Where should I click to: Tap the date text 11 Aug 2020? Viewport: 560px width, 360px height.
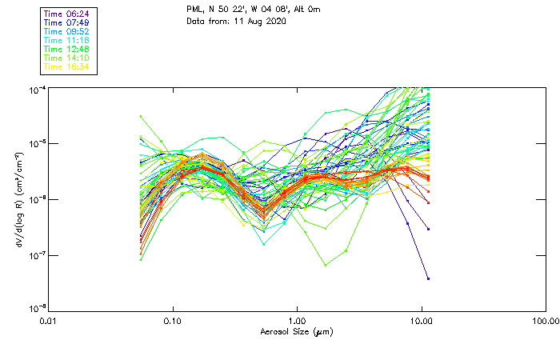260,22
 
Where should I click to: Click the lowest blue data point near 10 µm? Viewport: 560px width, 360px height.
428,278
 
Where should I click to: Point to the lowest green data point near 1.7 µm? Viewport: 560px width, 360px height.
326,265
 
